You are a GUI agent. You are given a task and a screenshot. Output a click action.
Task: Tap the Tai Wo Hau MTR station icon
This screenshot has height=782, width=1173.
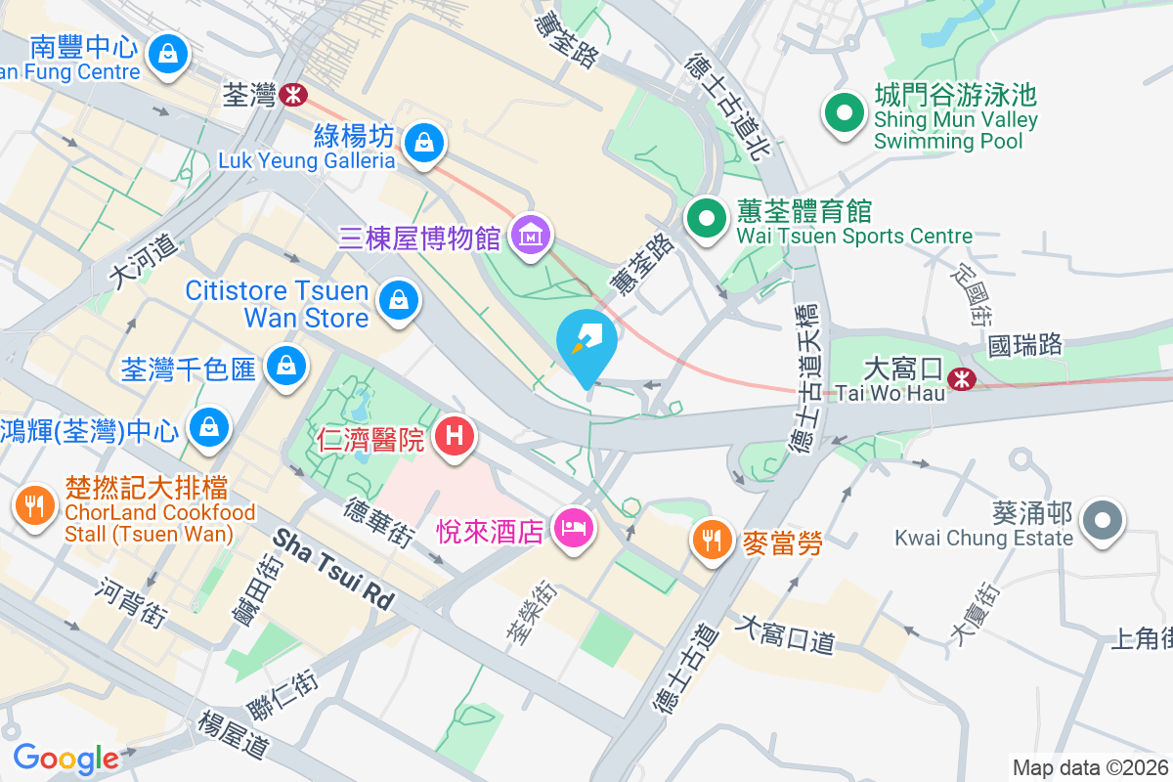click(x=962, y=375)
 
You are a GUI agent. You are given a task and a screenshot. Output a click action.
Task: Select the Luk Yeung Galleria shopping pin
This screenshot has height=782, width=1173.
click(x=425, y=142)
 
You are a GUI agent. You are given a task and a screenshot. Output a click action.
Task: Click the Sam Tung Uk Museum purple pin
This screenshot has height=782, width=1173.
click(x=532, y=236)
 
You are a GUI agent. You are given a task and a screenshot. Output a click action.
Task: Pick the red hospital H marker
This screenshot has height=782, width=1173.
click(x=454, y=436)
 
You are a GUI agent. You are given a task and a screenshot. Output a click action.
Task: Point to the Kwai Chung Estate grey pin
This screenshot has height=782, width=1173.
click(x=1104, y=519)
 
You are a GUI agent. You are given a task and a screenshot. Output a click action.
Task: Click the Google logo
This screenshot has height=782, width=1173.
click(x=65, y=759)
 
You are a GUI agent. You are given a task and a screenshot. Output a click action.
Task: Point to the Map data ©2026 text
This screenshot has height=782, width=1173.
click(x=1091, y=767)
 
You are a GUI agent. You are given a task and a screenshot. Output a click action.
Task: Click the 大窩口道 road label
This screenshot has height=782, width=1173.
click(x=787, y=633)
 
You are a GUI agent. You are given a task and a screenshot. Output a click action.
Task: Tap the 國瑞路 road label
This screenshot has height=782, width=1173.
click(x=1024, y=345)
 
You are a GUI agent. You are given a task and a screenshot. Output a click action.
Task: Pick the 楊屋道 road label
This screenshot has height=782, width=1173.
click(x=233, y=734)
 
